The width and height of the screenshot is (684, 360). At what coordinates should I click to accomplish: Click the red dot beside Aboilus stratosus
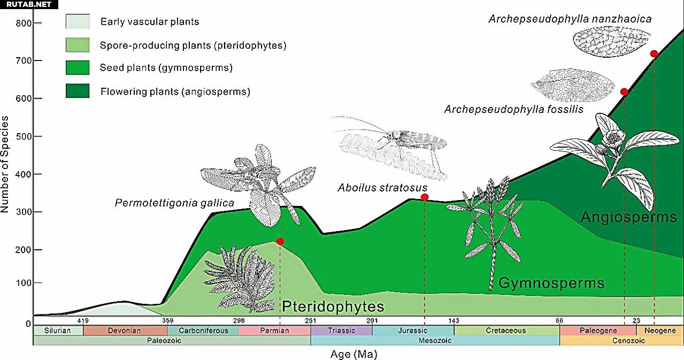425,197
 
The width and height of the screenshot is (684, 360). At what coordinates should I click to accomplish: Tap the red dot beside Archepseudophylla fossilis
624,91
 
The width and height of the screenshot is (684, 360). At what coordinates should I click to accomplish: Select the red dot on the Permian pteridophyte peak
280,241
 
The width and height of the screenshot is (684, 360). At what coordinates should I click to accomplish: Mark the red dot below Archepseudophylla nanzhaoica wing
654,53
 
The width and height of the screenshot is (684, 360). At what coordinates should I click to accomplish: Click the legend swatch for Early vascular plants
78,21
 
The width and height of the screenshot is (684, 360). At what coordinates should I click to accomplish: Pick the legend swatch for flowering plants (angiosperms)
78,91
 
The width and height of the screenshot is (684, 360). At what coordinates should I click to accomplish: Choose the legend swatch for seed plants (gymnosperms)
78,67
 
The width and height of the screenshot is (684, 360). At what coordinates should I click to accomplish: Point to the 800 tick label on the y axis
24,23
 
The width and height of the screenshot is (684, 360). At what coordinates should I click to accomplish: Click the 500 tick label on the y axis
24,136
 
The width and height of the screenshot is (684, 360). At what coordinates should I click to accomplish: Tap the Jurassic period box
413,331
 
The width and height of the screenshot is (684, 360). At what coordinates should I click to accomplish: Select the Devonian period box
125,331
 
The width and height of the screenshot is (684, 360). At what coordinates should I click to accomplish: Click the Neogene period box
660,331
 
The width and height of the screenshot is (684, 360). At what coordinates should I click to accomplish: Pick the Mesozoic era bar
435,340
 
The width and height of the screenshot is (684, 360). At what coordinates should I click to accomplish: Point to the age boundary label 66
559,320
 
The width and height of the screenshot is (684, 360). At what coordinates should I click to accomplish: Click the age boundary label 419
83,320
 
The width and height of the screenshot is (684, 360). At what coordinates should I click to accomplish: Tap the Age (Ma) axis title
354,354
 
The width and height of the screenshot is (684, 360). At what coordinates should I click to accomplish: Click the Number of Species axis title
5,164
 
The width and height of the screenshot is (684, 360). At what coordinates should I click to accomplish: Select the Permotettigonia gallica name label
174,203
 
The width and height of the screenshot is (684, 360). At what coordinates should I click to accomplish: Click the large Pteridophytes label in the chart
333,307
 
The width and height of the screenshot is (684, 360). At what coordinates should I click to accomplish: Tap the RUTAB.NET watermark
29,5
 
